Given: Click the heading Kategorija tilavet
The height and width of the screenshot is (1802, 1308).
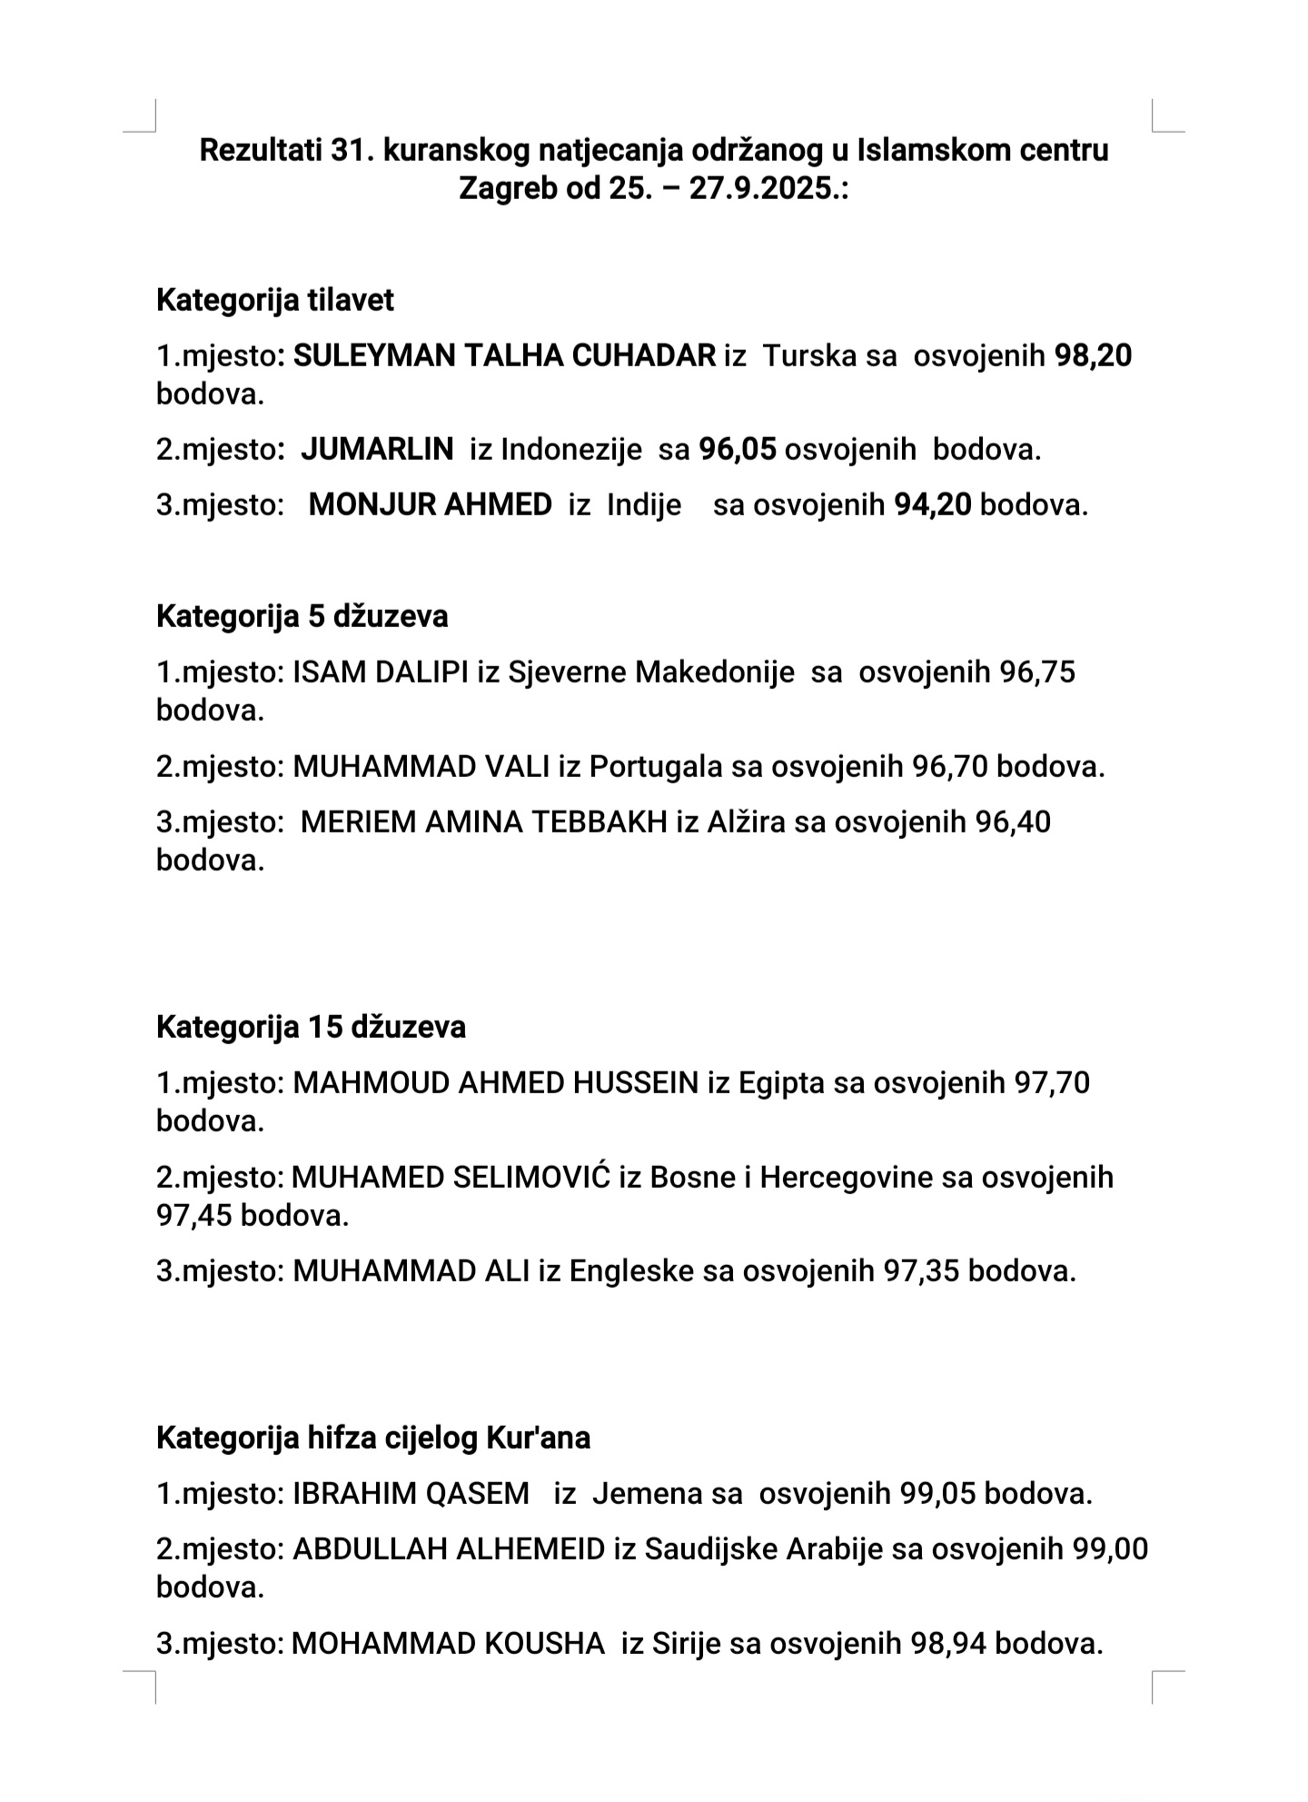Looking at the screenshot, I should click(274, 300).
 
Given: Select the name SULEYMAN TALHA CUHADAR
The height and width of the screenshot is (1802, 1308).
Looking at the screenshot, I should click(504, 355).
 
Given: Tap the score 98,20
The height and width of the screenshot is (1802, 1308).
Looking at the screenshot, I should click(1093, 355).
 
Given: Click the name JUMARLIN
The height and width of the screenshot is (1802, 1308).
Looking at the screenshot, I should click(377, 449).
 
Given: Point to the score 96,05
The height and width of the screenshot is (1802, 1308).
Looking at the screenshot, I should click(738, 449).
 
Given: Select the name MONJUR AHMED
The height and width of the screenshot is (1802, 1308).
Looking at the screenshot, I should click(431, 504).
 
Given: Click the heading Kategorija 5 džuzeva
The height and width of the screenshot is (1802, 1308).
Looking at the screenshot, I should click(302, 616).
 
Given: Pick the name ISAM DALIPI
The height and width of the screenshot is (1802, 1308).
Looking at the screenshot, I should click(381, 672).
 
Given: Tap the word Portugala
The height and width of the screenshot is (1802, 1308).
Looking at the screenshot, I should click(656, 767).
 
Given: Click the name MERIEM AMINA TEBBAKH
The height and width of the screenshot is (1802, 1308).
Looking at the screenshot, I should click(484, 822).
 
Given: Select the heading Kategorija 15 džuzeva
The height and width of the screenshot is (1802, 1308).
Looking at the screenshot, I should click(311, 1027).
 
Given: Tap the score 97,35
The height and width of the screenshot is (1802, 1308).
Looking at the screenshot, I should click(922, 1270).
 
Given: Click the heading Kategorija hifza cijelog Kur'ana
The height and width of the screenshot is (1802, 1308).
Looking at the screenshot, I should click(373, 1438).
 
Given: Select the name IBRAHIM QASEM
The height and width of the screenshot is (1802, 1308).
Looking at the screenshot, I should click(411, 1493).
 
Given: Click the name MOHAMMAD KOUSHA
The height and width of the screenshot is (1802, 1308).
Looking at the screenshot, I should click(448, 1643).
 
